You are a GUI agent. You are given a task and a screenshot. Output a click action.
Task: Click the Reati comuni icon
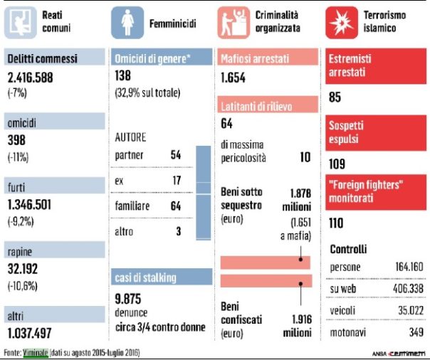[19, 22]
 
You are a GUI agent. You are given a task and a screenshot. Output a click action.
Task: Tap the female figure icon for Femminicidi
[127, 22]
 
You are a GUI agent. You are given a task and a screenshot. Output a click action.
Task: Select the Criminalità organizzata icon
[236, 22]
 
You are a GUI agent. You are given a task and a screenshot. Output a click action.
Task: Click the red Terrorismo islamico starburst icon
[342, 22]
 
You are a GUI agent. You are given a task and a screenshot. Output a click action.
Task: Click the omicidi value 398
[16, 140]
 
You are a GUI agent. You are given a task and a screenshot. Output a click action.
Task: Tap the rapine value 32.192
[23, 268]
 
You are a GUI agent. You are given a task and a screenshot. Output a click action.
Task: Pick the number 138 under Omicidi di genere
[124, 75]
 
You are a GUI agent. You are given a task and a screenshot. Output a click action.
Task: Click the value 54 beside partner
[176, 154]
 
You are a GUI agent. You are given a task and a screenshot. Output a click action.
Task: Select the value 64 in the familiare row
[176, 206]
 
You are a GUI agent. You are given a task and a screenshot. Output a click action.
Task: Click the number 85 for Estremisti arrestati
[336, 95]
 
